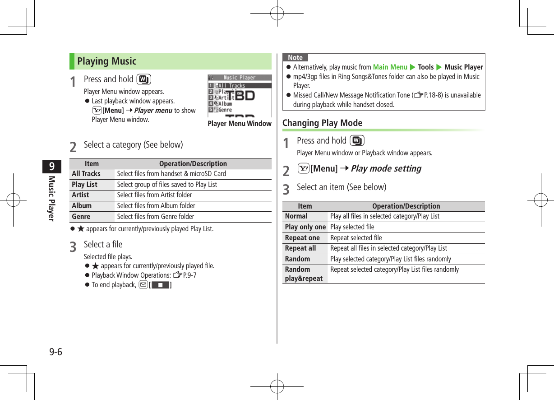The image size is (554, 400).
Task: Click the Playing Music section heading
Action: point(107,61)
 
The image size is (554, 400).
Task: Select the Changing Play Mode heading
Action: point(322,123)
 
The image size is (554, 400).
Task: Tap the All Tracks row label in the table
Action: point(86,174)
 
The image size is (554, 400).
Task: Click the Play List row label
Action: point(85,185)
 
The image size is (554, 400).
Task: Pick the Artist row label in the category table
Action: point(81,195)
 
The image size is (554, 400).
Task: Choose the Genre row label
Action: point(81,217)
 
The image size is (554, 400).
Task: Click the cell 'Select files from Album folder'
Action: point(156,206)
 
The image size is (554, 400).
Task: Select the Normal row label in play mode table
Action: point(296,216)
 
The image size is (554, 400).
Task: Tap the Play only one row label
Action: point(305,227)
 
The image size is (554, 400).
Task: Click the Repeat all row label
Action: point(300,248)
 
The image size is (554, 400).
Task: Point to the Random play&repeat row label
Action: point(304,274)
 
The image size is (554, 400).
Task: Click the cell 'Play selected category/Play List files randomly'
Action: point(391,259)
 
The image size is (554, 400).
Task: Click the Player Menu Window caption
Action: point(240,124)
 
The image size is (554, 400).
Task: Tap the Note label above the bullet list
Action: point(295,58)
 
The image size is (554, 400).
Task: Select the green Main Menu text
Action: point(390,67)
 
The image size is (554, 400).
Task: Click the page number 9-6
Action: point(56,352)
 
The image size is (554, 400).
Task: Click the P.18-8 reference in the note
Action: point(428,95)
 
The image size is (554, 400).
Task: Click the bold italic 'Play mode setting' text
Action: point(386,168)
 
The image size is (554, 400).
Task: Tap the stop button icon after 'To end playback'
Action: point(160,285)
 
